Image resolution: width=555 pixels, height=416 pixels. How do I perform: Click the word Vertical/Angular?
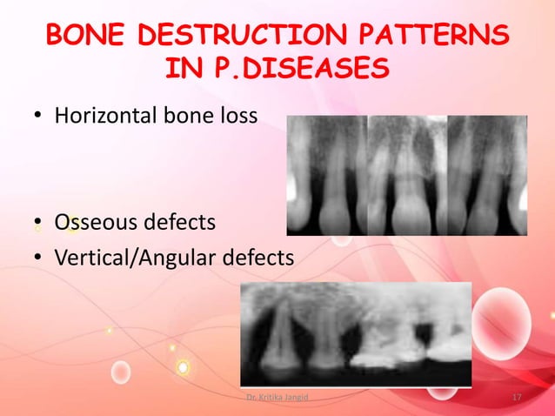click(x=137, y=258)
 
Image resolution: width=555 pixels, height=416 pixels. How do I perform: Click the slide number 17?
click(x=517, y=398)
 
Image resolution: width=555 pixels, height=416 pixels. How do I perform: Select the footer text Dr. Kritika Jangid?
click(x=277, y=398)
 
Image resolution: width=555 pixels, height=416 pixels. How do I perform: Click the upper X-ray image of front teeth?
click(x=406, y=175)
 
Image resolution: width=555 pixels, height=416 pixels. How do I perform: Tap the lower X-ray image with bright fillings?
click(x=356, y=334)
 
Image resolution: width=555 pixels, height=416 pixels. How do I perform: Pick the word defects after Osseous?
click(x=184, y=224)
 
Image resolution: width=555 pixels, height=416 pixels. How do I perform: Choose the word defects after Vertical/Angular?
click(x=262, y=258)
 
